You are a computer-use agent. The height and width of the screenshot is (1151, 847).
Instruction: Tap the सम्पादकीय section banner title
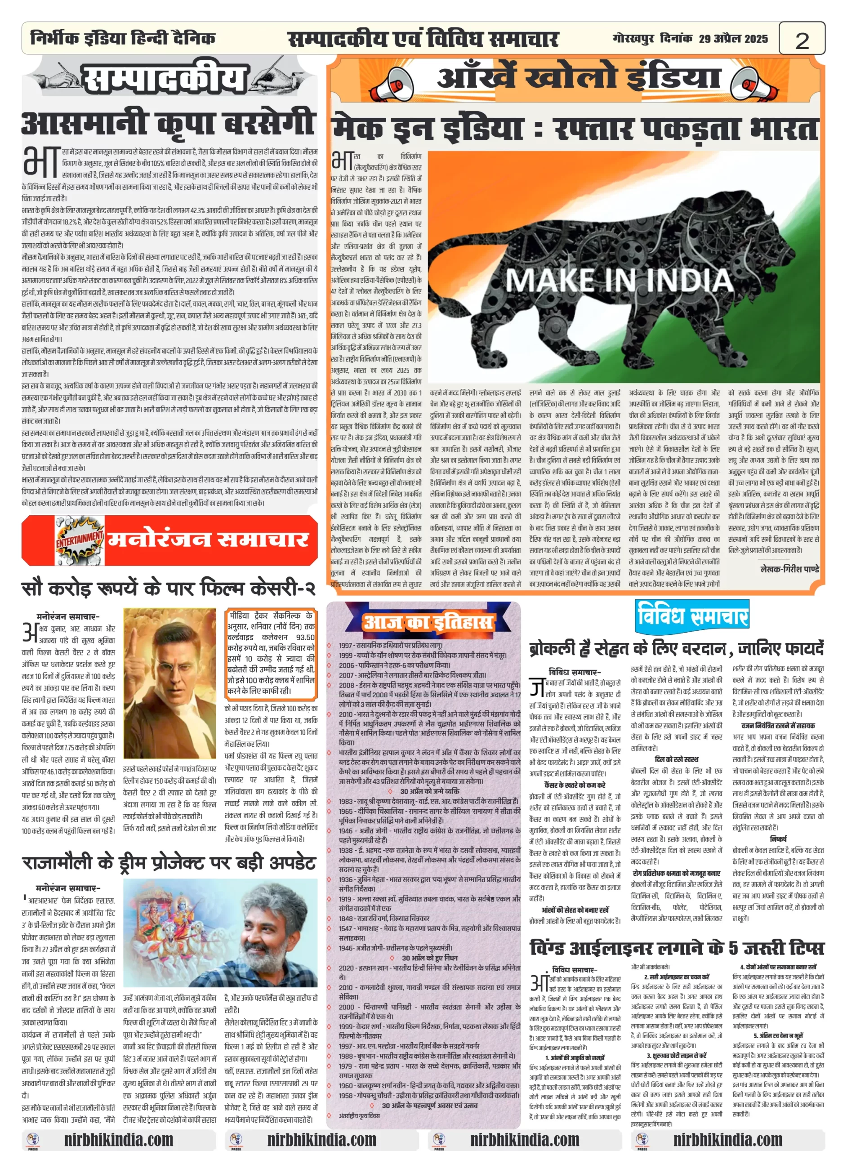[164, 79]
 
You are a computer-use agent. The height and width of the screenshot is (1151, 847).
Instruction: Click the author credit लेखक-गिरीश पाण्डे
[789, 569]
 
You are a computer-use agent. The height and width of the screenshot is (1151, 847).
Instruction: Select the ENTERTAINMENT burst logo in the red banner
[80, 540]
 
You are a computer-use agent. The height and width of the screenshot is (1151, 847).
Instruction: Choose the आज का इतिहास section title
[428, 622]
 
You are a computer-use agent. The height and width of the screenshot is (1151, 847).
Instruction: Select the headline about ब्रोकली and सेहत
[676, 648]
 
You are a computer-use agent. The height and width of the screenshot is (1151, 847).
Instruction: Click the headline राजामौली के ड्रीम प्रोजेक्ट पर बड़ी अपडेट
[168, 862]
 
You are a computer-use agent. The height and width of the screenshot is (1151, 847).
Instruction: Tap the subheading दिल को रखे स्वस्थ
[676, 759]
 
